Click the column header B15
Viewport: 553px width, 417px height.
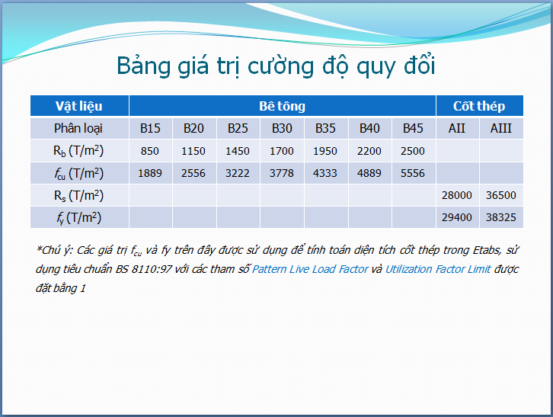click(150, 128)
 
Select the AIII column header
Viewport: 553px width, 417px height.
click(500, 128)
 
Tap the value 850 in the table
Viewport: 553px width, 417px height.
click(150, 151)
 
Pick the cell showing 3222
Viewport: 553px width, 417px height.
click(238, 173)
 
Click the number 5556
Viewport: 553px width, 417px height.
click(413, 173)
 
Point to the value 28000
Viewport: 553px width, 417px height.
click(457, 195)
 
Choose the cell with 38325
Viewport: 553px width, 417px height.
click(500, 217)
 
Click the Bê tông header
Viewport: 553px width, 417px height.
click(282, 106)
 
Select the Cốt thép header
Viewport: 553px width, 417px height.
click(479, 106)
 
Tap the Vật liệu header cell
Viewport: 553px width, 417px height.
click(79, 106)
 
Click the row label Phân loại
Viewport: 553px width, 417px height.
click(78, 129)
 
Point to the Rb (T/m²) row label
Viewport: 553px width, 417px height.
click(78, 151)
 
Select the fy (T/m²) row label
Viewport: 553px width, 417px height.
click(78, 218)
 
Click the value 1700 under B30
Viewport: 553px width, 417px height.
click(281, 151)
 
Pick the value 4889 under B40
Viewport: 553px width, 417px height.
click(369, 173)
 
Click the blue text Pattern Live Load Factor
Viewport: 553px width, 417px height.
click(310, 269)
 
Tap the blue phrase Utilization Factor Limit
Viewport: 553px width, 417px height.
click(438, 269)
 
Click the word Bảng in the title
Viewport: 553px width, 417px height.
click(143, 66)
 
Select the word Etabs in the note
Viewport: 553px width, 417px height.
click(487, 250)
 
